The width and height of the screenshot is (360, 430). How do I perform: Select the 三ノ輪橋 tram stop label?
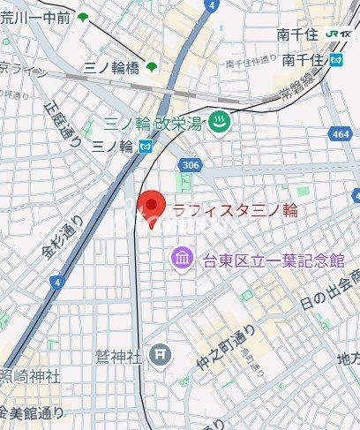point(111,66)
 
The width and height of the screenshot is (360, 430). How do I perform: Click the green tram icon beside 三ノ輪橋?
point(152,66)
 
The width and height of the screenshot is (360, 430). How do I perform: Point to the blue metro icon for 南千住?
point(335,61)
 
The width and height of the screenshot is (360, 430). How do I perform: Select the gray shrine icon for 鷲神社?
point(159,355)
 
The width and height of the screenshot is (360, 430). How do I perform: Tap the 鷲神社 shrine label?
point(119,356)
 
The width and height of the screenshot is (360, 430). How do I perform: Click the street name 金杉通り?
point(62,238)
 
